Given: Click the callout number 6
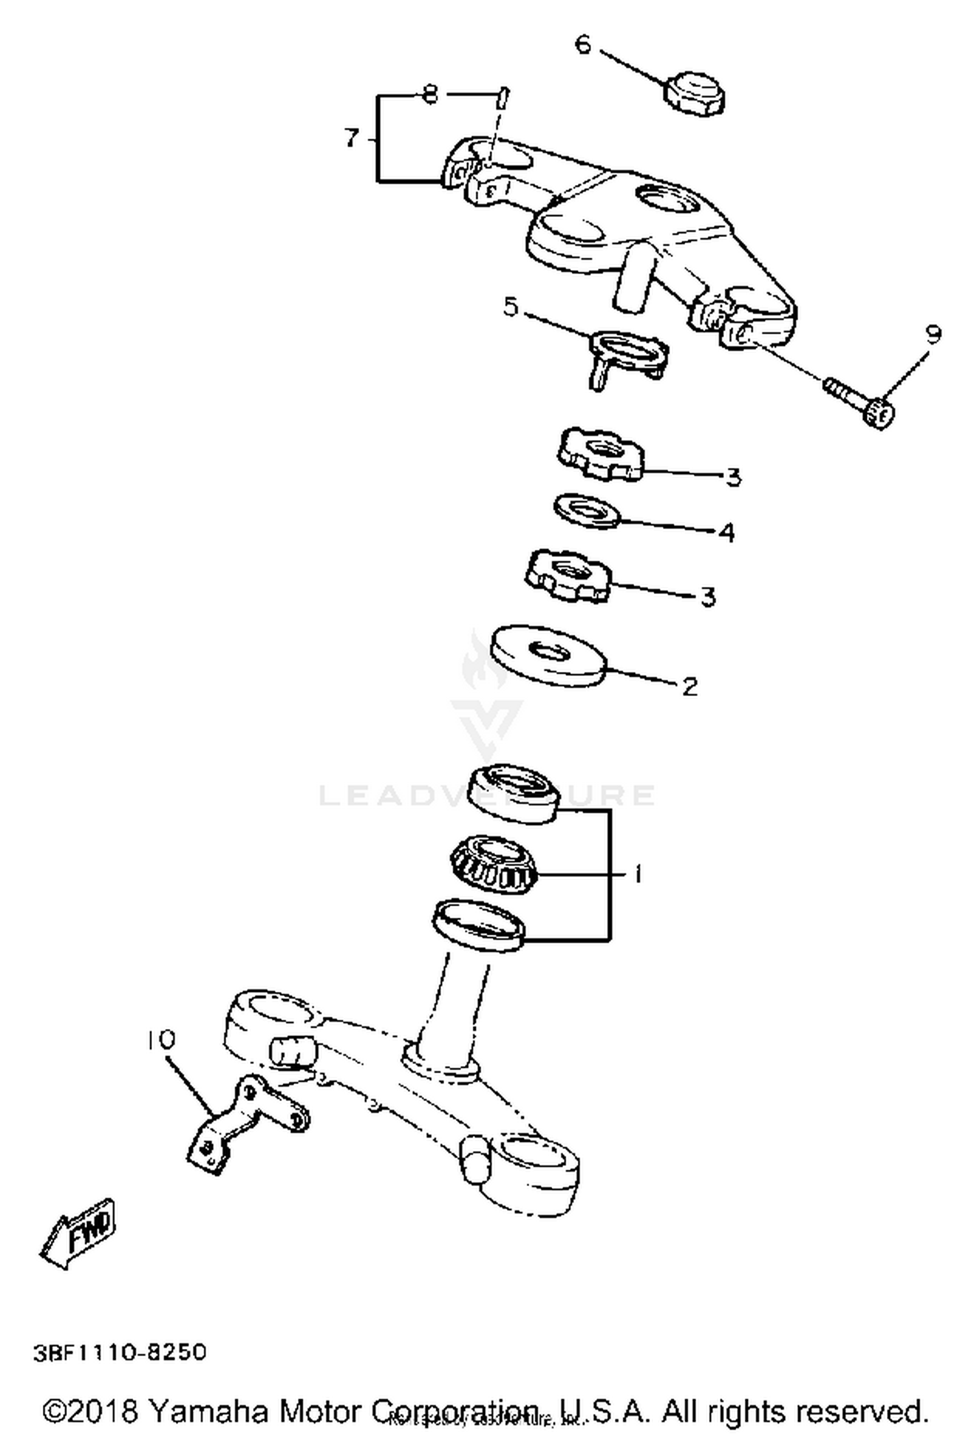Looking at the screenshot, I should tap(583, 45).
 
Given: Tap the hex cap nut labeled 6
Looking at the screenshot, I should tap(694, 95).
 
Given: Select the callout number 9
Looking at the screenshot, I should tap(932, 334).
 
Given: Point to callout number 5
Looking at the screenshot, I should tap(511, 307).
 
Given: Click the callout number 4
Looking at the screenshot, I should tap(727, 532).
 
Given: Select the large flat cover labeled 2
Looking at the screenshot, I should tap(549, 654).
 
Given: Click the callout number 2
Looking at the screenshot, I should tap(690, 686).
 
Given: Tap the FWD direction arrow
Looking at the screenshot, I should tap(79, 1235).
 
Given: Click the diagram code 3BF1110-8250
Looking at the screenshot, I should tap(119, 1352).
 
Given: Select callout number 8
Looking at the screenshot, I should tap(429, 95).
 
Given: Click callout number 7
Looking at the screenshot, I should tap(351, 138).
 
